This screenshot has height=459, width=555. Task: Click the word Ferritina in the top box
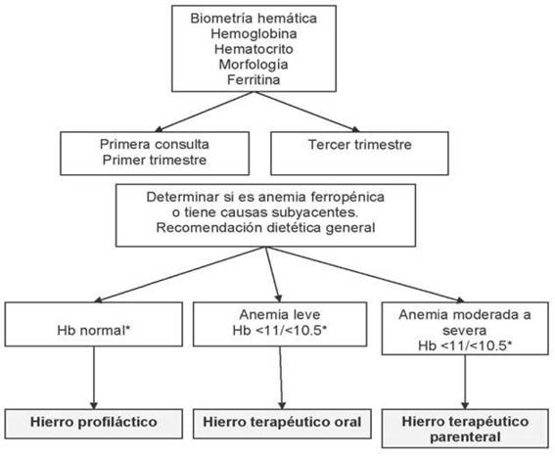pyautogui.click(x=254, y=79)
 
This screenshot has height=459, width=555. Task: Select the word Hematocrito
pyautogui.click(x=254, y=49)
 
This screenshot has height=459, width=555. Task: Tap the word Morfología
pyautogui.click(x=254, y=65)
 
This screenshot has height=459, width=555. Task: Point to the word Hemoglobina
pyautogui.click(x=254, y=33)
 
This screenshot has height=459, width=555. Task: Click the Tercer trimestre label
pyautogui.click(x=360, y=145)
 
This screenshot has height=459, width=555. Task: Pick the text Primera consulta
pyautogui.click(x=155, y=145)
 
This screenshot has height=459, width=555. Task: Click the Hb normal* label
pyautogui.click(x=94, y=330)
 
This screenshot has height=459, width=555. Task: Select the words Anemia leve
pyautogui.click(x=280, y=314)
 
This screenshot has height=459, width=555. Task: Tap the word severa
pyautogui.click(x=464, y=331)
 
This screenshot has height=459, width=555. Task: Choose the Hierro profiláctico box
pyautogui.click(x=94, y=424)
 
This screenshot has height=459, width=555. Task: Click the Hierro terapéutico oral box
pyautogui.click(x=282, y=424)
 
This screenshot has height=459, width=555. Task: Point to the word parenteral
pyautogui.click(x=465, y=437)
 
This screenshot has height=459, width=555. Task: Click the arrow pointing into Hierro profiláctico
pyautogui.click(x=94, y=378)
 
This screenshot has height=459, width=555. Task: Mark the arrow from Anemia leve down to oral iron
pyautogui.click(x=281, y=378)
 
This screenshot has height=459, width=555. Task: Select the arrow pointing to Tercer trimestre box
pyautogui.click(x=307, y=112)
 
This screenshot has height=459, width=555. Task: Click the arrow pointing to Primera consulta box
pyautogui.click(x=205, y=112)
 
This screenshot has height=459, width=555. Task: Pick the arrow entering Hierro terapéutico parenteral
pyautogui.click(x=465, y=382)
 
